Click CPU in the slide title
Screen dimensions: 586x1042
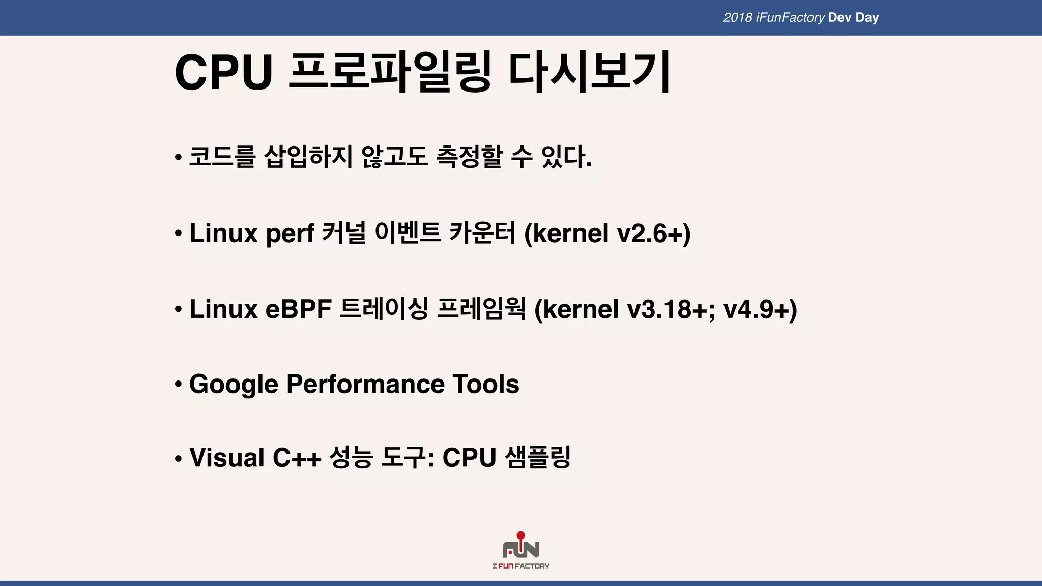click(x=223, y=72)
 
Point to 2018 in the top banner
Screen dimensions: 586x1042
click(x=737, y=18)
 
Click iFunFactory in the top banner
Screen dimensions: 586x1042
click(x=790, y=18)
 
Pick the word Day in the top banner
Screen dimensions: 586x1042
click(x=867, y=18)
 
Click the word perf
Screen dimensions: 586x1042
click(x=290, y=234)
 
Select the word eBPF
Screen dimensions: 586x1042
click(x=298, y=309)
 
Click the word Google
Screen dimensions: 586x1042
click(x=234, y=385)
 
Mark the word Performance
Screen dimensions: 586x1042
click(x=365, y=384)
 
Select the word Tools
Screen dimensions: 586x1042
click(x=485, y=384)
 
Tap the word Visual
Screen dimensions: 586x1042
click(x=227, y=458)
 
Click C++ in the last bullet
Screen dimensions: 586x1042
click(x=297, y=458)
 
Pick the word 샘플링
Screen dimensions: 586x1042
click(x=538, y=458)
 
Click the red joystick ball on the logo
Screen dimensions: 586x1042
click(x=520, y=535)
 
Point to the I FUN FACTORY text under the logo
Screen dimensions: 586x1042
click(x=520, y=566)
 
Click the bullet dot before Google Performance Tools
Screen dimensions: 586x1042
click(x=178, y=385)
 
